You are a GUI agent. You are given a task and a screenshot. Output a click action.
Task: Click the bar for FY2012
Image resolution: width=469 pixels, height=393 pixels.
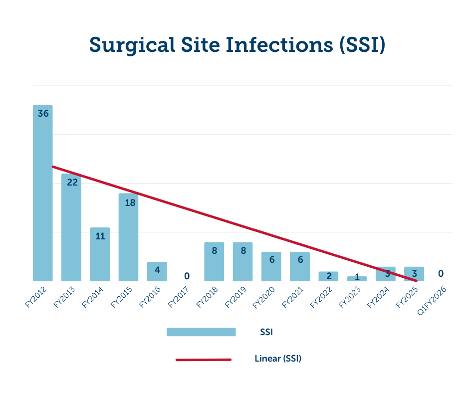click(x=43, y=199)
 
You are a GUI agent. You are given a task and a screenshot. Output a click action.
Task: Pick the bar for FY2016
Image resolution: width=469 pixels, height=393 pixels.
click(x=157, y=272)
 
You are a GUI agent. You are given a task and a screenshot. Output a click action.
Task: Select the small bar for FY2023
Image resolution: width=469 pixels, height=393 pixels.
click(x=357, y=279)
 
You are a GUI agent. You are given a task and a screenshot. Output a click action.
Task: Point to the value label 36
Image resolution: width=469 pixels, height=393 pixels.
click(x=43, y=114)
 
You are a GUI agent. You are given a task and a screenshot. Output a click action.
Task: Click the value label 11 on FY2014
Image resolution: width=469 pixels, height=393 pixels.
click(x=100, y=236)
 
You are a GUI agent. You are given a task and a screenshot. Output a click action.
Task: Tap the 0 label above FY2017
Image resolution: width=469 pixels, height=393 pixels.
click(x=187, y=276)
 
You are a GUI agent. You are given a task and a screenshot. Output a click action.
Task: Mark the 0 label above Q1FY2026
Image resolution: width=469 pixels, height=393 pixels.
click(x=441, y=273)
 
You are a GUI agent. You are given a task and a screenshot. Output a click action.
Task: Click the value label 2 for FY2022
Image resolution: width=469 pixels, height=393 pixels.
click(x=328, y=276)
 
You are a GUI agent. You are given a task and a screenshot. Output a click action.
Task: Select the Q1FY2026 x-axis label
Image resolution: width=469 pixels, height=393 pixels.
click(x=431, y=299)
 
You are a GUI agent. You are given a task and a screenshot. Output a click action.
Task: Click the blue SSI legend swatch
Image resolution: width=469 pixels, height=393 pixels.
click(x=201, y=332)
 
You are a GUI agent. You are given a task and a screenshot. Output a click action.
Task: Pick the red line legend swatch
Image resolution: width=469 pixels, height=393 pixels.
click(x=204, y=359)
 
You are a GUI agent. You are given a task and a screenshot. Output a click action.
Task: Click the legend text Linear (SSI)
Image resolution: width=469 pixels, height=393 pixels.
click(x=278, y=359)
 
